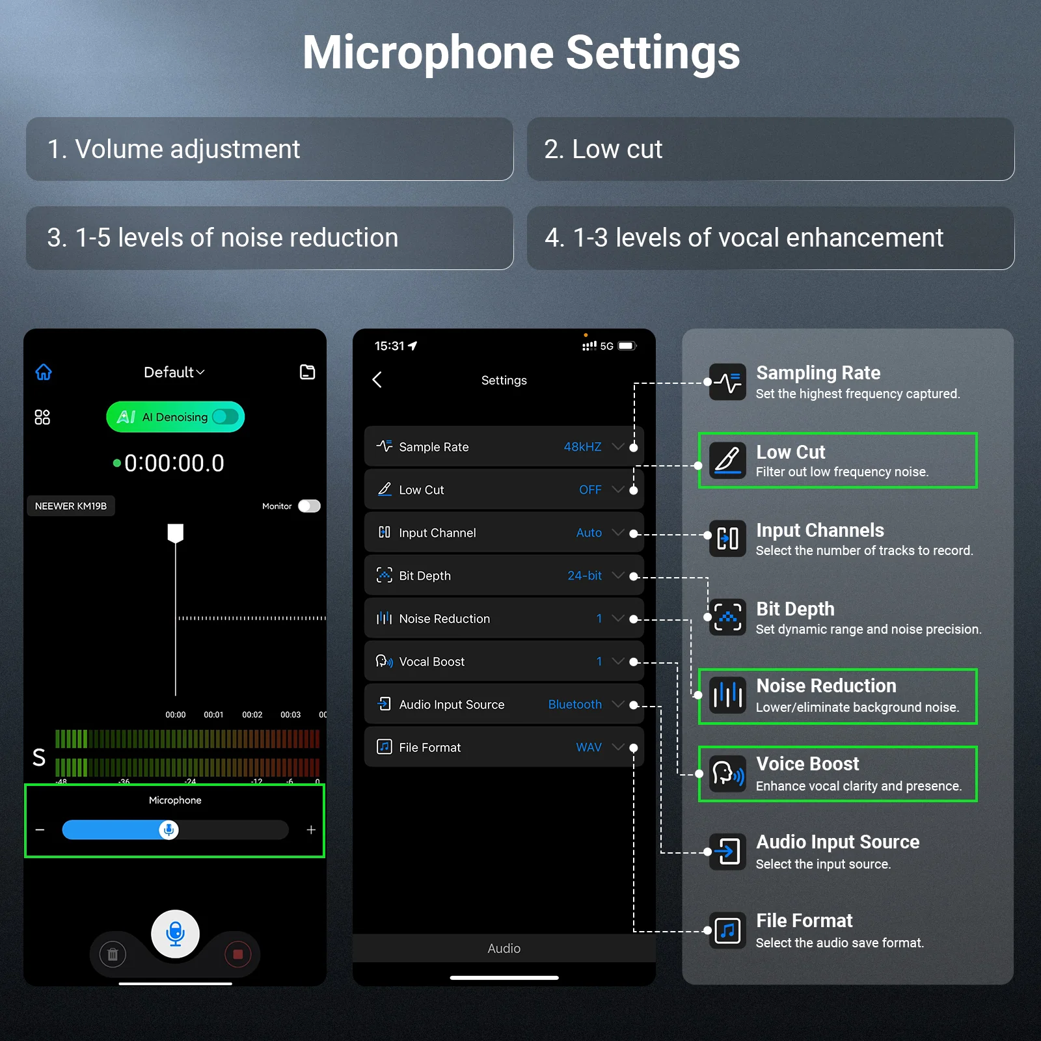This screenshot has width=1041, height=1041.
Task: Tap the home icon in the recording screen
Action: click(x=44, y=372)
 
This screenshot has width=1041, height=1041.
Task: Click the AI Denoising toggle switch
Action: click(x=226, y=416)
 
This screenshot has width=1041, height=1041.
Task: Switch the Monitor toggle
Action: click(x=309, y=506)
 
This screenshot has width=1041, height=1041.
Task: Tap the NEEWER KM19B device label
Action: click(x=71, y=506)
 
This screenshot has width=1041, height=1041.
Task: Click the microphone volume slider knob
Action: click(x=169, y=830)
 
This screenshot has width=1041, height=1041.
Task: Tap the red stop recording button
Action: click(x=237, y=954)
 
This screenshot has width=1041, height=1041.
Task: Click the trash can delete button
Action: click(x=113, y=954)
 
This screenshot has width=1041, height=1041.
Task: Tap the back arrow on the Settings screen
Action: click(x=377, y=380)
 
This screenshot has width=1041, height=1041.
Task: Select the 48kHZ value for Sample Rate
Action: click(x=582, y=447)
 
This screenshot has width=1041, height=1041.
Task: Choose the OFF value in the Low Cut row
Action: click(x=590, y=490)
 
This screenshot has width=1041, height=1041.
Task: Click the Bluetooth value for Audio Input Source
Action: click(x=575, y=705)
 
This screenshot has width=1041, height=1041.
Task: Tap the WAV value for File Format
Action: click(x=589, y=748)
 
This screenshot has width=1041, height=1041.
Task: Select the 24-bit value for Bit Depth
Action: click(x=584, y=576)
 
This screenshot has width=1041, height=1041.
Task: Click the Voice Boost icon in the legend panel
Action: click(x=727, y=774)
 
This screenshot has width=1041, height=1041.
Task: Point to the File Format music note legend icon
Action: click(x=727, y=930)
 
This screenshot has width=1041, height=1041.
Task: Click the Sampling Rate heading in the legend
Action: click(x=818, y=373)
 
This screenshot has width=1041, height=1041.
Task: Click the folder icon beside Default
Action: click(x=307, y=372)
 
